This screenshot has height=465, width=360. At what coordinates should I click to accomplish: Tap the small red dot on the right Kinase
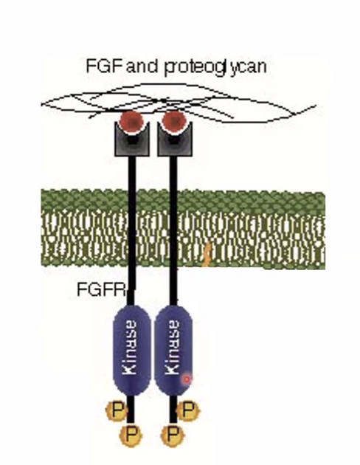[187, 379]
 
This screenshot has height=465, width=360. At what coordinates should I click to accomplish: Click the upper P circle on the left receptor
[114, 408]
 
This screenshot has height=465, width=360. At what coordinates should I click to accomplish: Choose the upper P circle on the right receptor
[189, 408]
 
